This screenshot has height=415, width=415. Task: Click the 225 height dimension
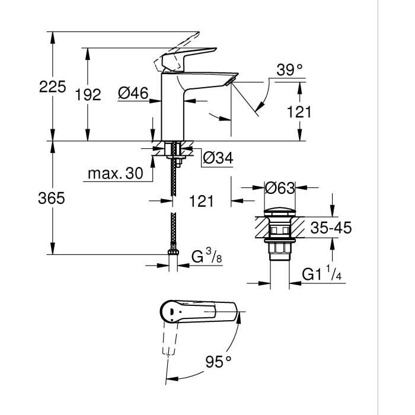52,87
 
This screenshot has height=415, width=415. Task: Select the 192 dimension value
88,94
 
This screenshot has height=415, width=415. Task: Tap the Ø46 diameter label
133,93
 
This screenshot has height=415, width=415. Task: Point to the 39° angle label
289,70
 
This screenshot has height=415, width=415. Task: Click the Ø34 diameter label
218,158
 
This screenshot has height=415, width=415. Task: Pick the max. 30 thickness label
116,174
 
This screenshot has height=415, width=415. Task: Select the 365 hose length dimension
52,199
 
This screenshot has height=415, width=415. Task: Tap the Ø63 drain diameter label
280,188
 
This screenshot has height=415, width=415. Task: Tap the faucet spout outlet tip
232,81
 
